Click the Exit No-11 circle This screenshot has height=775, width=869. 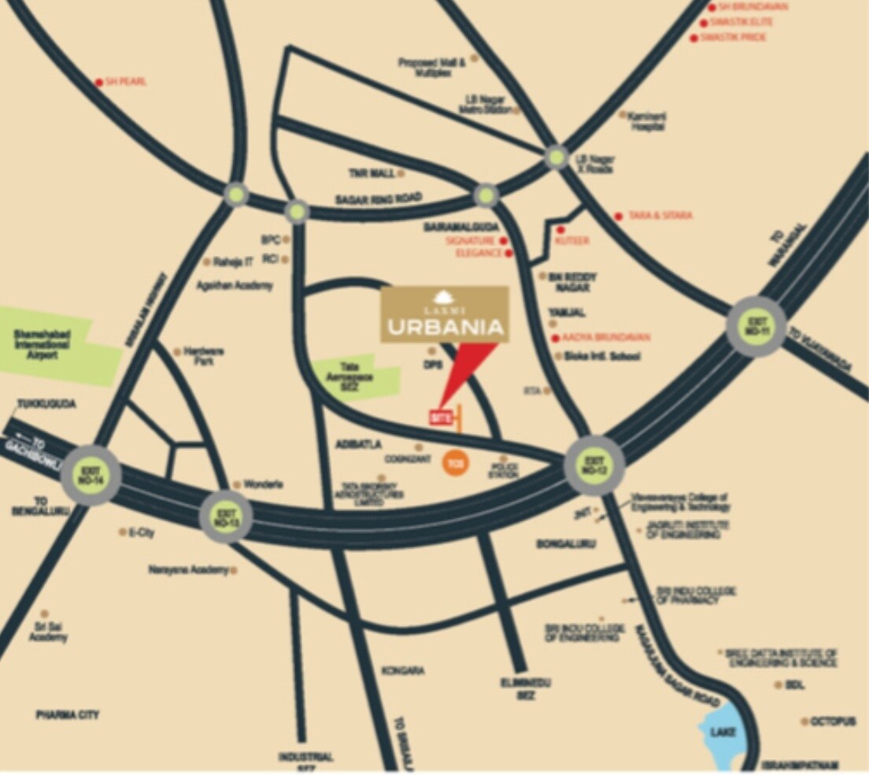(x=756, y=326)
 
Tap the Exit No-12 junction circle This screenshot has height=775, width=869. (x=595, y=465)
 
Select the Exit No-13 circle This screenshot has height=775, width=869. (x=226, y=517)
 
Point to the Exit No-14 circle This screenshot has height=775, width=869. (x=91, y=474)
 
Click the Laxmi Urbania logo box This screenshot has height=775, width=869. (x=445, y=314)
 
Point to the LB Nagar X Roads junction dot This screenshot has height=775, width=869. (x=556, y=158)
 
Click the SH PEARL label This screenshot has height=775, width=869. (x=126, y=82)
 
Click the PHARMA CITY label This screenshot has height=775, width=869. (x=67, y=714)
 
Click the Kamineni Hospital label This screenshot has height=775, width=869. (x=649, y=121)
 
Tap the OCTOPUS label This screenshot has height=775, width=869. (x=834, y=721)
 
